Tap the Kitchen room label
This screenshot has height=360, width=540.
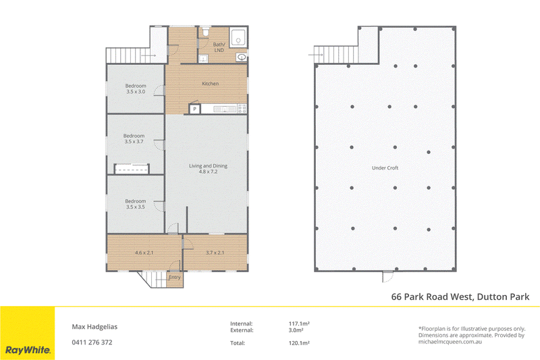[210, 84]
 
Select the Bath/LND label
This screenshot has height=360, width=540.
[219, 47]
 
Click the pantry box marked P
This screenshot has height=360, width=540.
[194, 109]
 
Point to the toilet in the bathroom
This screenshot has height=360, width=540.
[206, 32]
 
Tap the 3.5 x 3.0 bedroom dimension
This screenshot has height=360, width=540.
[136, 92]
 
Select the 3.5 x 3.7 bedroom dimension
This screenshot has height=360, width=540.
[134, 142]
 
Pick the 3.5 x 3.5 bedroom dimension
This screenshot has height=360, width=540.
[136, 207]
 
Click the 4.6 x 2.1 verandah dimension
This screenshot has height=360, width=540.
[144, 253]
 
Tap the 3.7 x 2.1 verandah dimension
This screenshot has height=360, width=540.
[215, 253]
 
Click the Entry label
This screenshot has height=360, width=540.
[175, 277]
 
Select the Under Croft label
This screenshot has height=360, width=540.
[385, 168]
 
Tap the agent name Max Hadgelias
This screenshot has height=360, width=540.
[94, 327]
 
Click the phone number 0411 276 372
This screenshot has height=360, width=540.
[92, 342]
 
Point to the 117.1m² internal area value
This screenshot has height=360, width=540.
[299, 324]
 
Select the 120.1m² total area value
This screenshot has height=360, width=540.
[299, 342]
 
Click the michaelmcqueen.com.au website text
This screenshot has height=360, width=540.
[450, 342]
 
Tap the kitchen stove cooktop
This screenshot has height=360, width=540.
[242, 109]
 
